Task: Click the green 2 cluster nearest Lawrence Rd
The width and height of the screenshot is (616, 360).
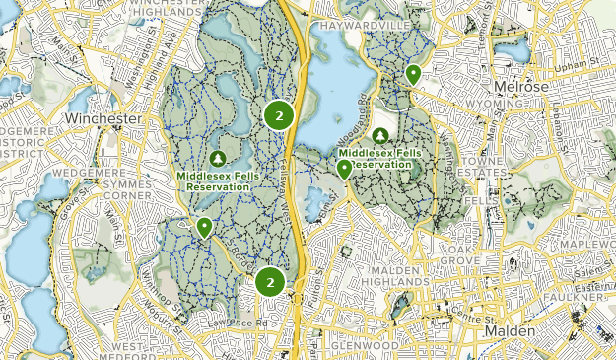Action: [x=268, y=282]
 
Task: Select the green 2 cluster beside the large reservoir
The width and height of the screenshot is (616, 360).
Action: [x=279, y=116]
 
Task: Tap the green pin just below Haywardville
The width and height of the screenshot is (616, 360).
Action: [x=413, y=73]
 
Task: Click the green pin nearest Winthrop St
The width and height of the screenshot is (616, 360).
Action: [x=204, y=227]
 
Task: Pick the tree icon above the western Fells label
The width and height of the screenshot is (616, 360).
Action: [x=218, y=158]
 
